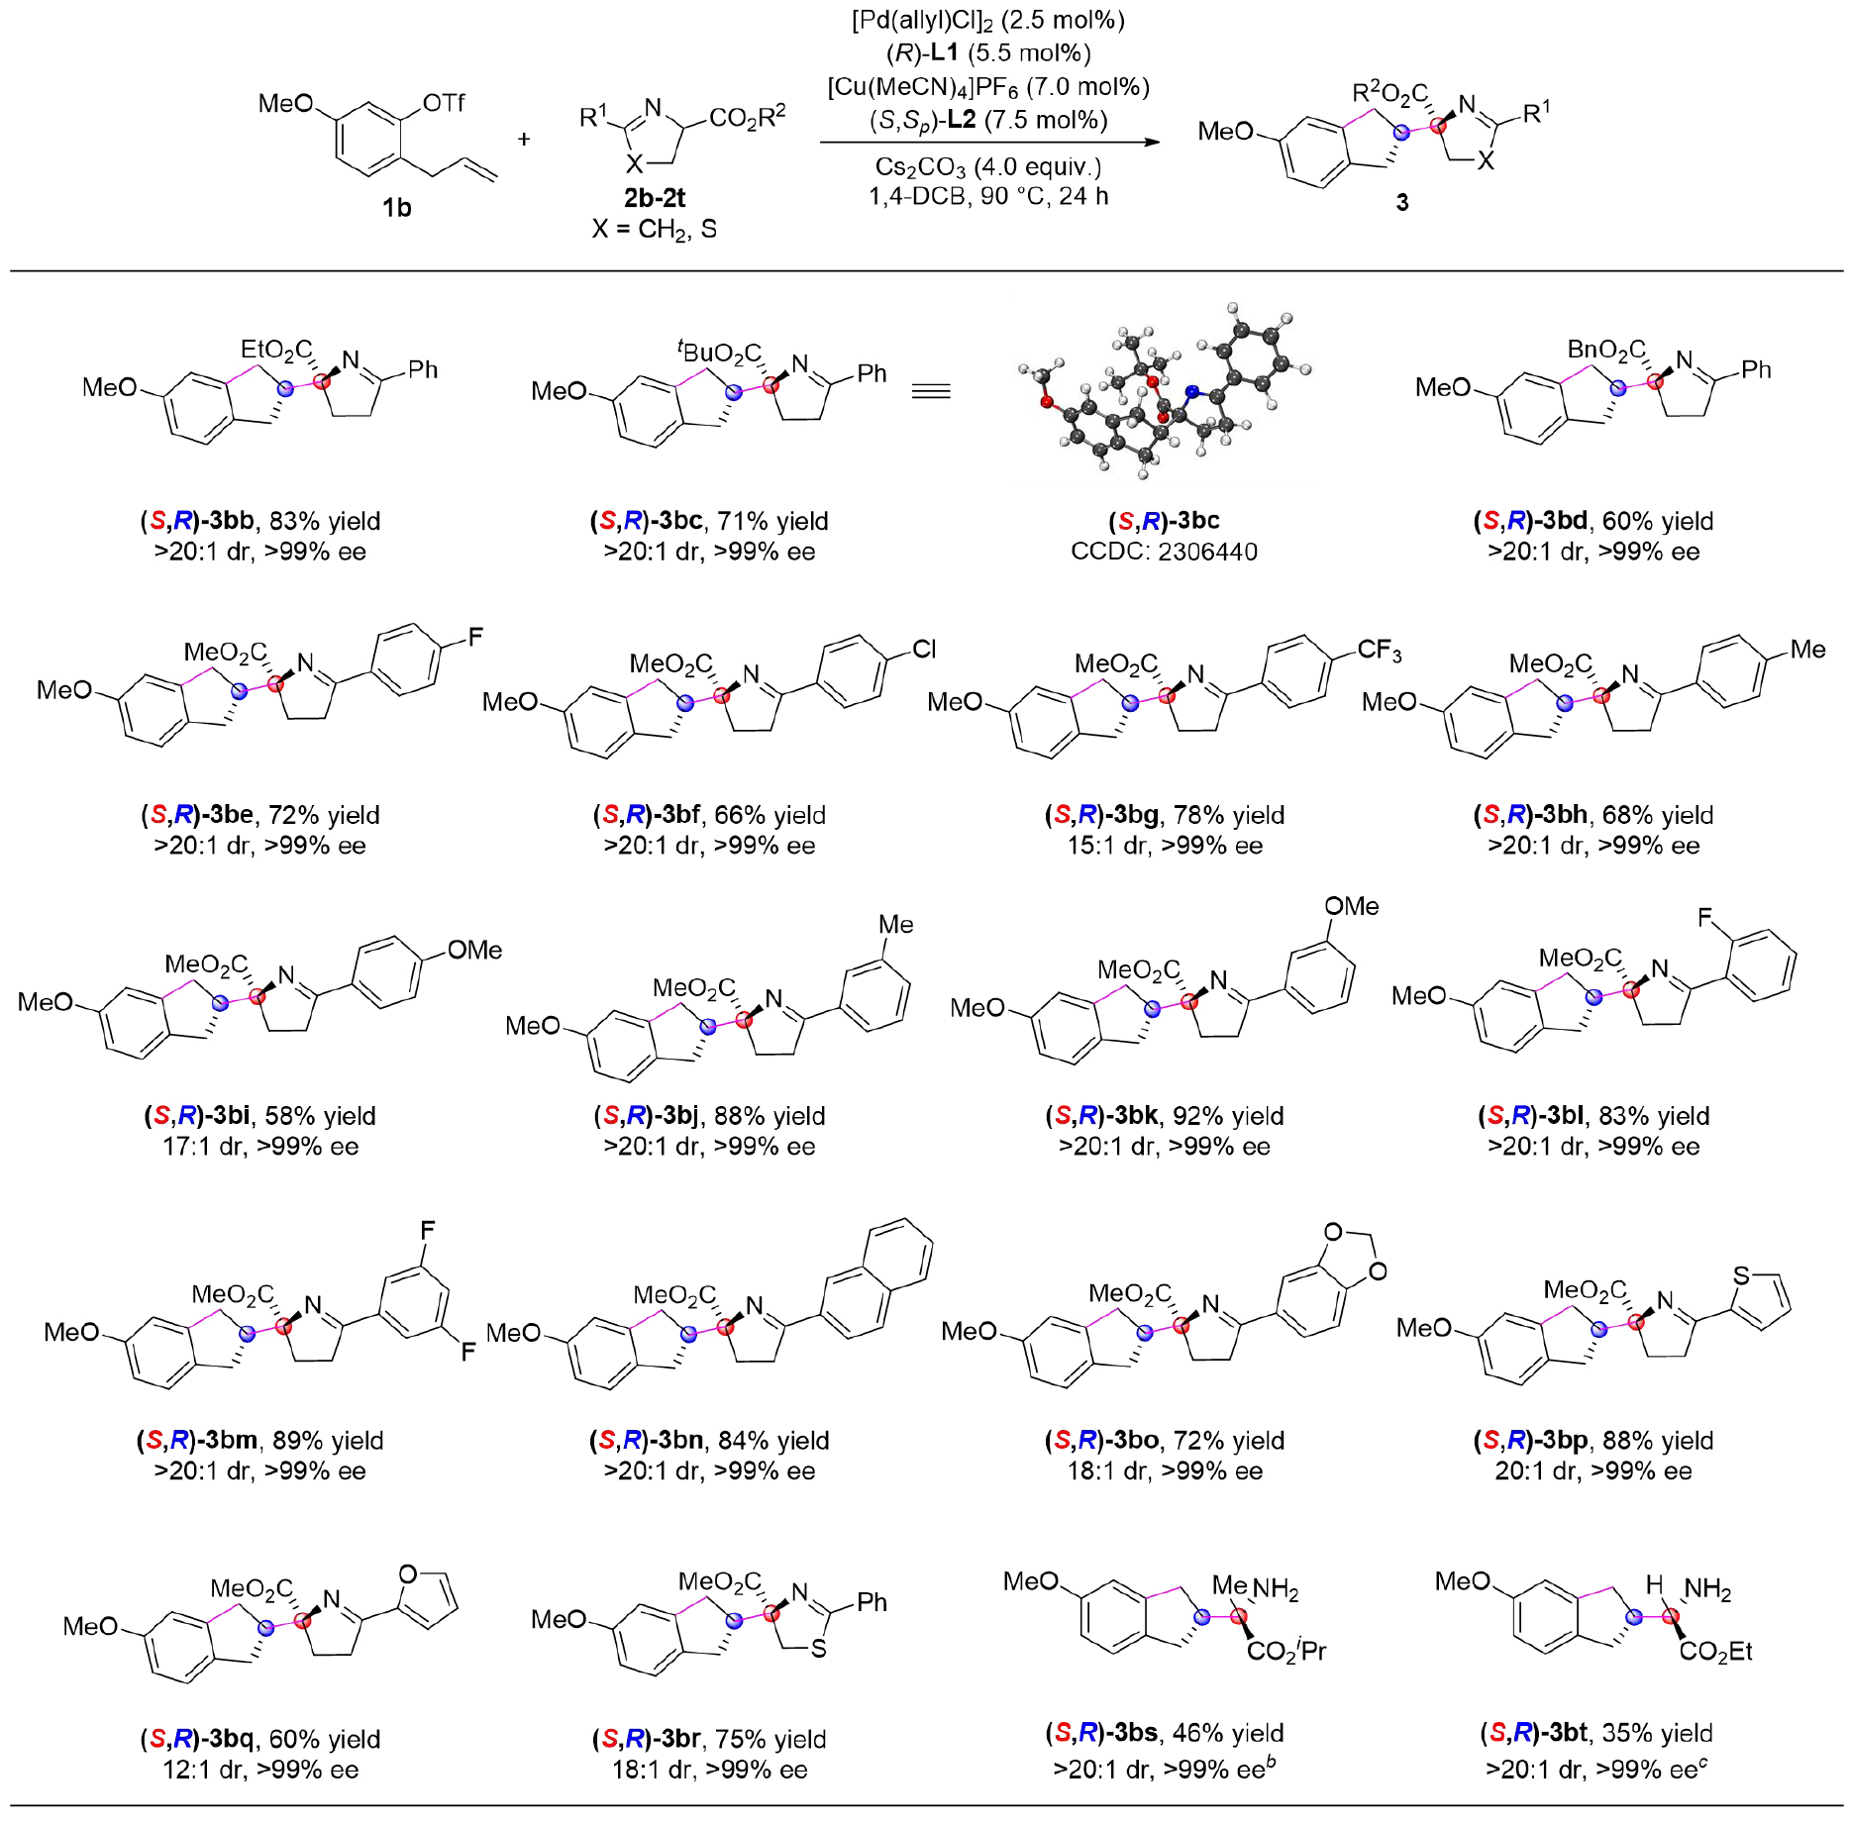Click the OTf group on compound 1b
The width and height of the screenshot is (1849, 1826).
[443, 103]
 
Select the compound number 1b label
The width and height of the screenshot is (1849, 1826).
[396, 208]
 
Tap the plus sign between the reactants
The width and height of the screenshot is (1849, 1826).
[524, 140]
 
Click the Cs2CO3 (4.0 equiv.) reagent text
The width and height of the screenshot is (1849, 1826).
[987, 166]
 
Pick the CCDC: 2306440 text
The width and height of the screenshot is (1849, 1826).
[1164, 552]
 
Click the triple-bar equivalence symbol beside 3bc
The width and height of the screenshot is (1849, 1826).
[930, 391]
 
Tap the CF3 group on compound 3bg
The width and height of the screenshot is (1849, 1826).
[1379, 651]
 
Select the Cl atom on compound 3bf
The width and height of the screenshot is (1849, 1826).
[924, 649]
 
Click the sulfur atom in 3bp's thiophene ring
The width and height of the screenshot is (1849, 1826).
[1741, 1276]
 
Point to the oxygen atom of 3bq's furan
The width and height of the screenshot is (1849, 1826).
[407, 1574]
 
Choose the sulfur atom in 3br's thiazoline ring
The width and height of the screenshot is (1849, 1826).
[818, 1649]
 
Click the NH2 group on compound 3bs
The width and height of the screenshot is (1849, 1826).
[1276, 1590]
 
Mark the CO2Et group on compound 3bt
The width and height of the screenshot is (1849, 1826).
[1715, 1652]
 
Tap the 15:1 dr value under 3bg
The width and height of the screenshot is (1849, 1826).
[1101, 846]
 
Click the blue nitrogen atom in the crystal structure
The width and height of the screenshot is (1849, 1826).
[1192, 391]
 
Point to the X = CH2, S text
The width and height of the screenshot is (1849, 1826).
[654, 230]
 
